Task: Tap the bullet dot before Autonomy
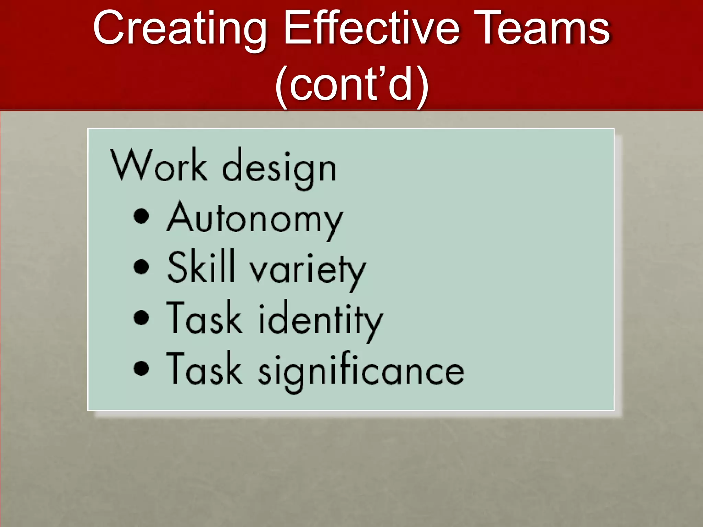[141, 216]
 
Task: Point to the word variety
[308, 271]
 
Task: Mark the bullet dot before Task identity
[141, 317]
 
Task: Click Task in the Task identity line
[204, 317]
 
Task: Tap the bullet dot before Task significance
[141, 368]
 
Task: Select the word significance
[361, 371]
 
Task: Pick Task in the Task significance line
[204, 368]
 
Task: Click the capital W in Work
[130, 165]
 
